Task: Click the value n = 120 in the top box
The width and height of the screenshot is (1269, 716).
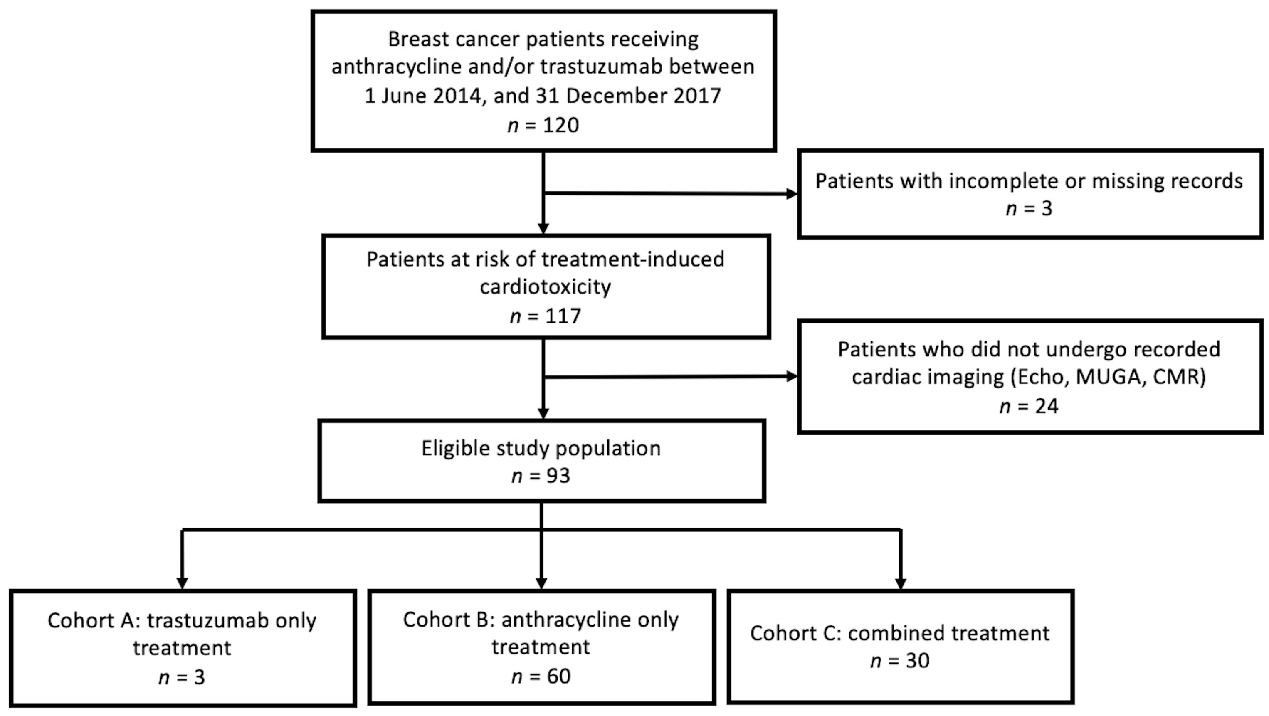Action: [543, 125]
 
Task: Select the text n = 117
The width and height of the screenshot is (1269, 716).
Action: [546, 316]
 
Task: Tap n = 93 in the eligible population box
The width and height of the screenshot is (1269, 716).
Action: [541, 476]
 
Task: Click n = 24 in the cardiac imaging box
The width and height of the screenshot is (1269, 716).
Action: [1029, 406]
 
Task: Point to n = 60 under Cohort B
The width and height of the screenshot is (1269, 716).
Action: [541, 676]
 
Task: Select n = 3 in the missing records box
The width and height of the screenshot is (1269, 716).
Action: [1029, 208]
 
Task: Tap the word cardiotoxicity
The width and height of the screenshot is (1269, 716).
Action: [546, 287]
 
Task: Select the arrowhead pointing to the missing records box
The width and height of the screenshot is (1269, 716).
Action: [791, 194]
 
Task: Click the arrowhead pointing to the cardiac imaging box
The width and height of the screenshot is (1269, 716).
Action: [791, 376]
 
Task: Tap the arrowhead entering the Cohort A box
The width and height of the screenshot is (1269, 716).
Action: [182, 583]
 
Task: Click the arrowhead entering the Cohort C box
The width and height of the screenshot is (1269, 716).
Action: [901, 583]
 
